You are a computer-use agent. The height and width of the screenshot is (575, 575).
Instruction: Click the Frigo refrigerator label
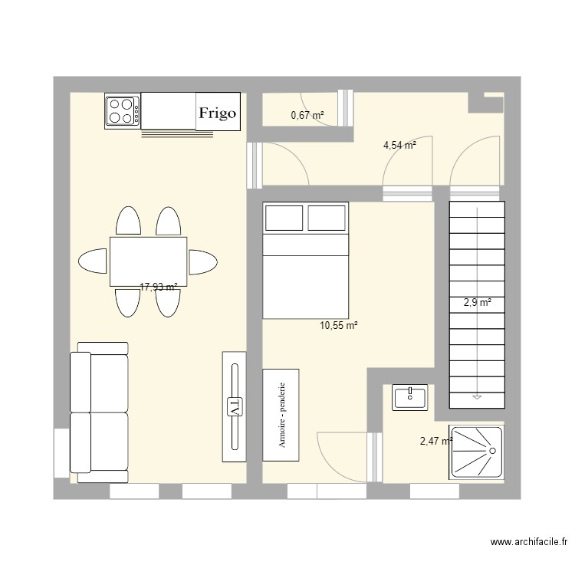tap(219, 113)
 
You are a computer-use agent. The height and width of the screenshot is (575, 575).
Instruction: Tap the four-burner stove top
tap(123, 110)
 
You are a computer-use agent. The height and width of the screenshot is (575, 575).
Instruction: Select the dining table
tap(149, 261)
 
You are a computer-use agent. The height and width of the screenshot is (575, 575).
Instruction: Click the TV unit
tap(235, 406)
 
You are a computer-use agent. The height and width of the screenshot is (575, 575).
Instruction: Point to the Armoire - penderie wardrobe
tap(281, 415)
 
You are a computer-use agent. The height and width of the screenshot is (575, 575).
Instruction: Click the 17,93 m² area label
tap(158, 287)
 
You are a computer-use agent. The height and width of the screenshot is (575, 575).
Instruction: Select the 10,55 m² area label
tap(339, 326)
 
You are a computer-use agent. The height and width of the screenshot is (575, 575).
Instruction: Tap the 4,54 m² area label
tap(399, 144)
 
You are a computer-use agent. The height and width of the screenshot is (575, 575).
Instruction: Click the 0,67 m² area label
tap(307, 116)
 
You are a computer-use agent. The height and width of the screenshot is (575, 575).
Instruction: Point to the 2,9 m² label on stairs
tap(476, 303)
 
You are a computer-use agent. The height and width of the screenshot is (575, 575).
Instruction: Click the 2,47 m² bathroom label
tap(435, 441)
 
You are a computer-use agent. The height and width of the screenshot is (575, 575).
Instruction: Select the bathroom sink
tap(409, 396)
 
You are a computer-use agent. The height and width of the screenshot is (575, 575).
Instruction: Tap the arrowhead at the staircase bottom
tap(476, 396)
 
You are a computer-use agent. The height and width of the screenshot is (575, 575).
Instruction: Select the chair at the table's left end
tap(93, 261)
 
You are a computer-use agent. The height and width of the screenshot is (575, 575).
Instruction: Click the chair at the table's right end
tap(204, 261)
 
